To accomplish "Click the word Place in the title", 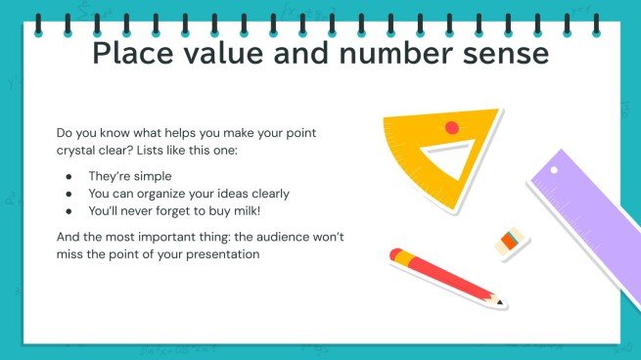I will click(x=137, y=54).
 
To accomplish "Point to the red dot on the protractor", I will click(x=451, y=127).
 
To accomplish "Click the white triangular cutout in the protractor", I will click(x=447, y=161).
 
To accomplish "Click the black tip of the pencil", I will click(x=502, y=302).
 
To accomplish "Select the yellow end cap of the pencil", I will click(x=396, y=255).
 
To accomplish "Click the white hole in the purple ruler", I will click(x=554, y=169).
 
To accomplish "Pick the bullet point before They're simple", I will click(x=68, y=176).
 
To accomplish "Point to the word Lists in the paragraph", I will click(x=183, y=149).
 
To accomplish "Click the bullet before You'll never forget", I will click(x=68, y=209).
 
